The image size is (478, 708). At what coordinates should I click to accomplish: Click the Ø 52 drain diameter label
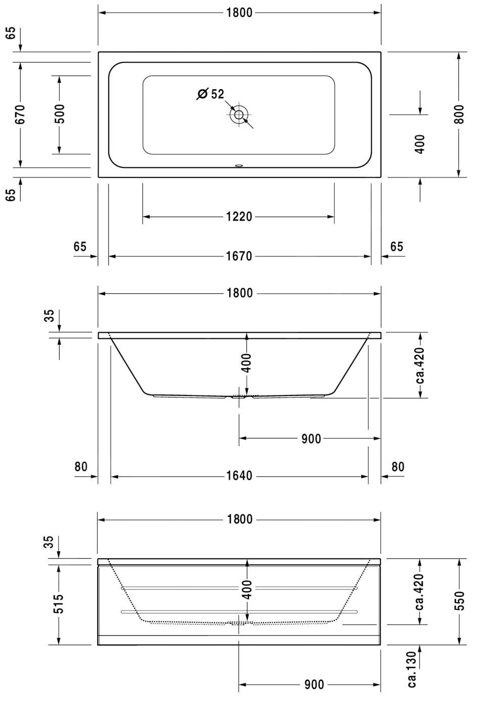(x=211, y=94)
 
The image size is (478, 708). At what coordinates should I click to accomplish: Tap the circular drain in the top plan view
(x=238, y=115)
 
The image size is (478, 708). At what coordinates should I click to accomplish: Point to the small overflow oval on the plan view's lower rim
(x=239, y=165)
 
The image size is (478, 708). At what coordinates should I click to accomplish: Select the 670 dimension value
(x=20, y=115)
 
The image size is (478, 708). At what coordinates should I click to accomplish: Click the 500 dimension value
(x=59, y=115)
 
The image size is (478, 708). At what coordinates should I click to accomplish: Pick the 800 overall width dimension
(x=459, y=115)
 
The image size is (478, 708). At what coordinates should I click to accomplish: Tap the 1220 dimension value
(x=239, y=217)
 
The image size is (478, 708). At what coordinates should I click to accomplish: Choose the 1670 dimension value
(x=239, y=257)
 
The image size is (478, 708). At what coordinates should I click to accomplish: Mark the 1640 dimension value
(x=239, y=476)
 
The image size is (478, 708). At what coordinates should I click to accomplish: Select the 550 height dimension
(x=459, y=601)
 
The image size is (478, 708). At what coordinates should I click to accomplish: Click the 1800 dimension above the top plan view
(x=239, y=13)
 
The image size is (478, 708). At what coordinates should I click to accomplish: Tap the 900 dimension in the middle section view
(x=311, y=439)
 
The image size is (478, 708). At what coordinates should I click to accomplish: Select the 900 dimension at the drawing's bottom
(x=314, y=685)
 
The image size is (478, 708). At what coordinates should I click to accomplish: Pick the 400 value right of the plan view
(x=420, y=144)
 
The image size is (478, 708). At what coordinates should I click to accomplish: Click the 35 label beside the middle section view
(x=49, y=316)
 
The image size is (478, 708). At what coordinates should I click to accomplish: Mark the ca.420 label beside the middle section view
(x=420, y=365)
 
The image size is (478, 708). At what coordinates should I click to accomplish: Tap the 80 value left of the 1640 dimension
(x=81, y=467)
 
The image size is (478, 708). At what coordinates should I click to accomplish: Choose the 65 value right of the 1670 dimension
(x=397, y=247)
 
